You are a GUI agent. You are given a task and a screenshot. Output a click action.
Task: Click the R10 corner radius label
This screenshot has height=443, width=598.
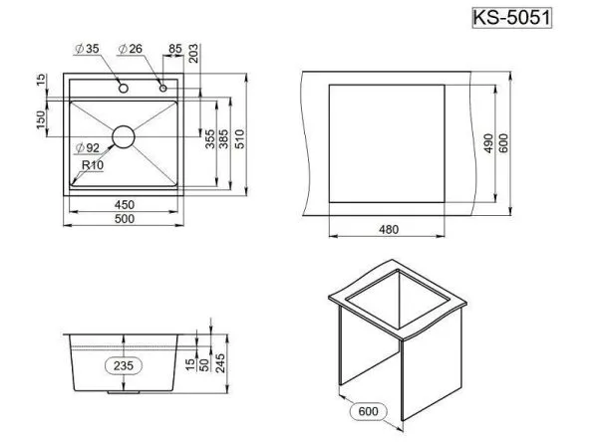tap(94, 165)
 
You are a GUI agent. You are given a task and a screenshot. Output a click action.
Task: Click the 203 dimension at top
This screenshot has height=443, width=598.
tap(191, 54)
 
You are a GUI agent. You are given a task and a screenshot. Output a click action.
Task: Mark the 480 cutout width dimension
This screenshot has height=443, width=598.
tap(388, 230)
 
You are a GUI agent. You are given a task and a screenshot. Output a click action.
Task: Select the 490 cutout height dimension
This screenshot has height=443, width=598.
tap(489, 142)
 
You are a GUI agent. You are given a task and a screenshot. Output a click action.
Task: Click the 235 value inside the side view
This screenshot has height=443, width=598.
tap(123, 365)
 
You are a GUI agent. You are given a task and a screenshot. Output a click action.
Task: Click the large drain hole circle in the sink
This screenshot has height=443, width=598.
tap(124, 136)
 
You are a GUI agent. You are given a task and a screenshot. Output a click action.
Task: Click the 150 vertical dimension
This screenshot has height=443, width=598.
tap(41, 117)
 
